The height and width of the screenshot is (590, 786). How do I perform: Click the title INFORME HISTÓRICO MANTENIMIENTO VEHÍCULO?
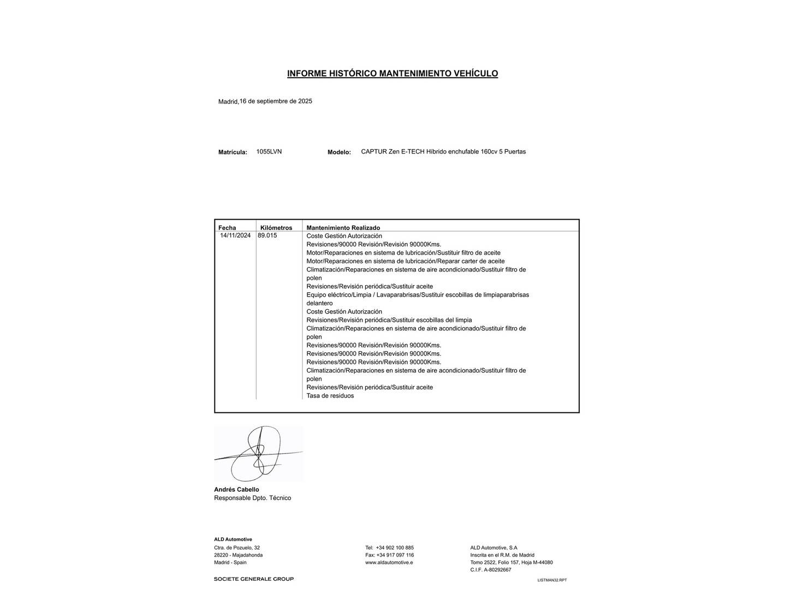pos(392,73)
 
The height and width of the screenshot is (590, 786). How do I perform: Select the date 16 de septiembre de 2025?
pos(276,101)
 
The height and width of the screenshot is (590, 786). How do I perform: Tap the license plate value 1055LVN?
pos(269,151)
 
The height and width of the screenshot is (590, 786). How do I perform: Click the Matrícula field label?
pos(233,152)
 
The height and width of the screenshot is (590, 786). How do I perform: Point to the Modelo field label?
pos(339,152)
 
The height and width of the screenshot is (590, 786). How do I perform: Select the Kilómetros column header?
pos(276,228)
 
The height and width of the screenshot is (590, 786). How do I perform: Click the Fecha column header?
pos(227,228)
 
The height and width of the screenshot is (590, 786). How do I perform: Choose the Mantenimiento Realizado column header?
pos(343,228)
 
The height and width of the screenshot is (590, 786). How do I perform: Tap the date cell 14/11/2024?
pos(235,235)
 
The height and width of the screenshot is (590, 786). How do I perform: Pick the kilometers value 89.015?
pos(267,235)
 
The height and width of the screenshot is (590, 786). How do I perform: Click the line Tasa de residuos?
pos(330,396)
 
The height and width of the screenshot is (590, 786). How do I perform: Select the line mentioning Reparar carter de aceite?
pos(405,261)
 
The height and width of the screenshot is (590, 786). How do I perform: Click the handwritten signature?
pos(258,453)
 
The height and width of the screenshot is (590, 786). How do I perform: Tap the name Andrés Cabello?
pos(236,489)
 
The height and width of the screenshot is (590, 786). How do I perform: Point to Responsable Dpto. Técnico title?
pos(252,498)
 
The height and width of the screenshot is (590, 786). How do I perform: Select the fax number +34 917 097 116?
pos(395,555)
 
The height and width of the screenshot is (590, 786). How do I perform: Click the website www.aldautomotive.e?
pos(389,562)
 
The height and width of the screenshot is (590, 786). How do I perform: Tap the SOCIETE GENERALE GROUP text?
pos(253,579)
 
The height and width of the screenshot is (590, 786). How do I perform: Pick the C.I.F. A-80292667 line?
pos(491,570)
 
